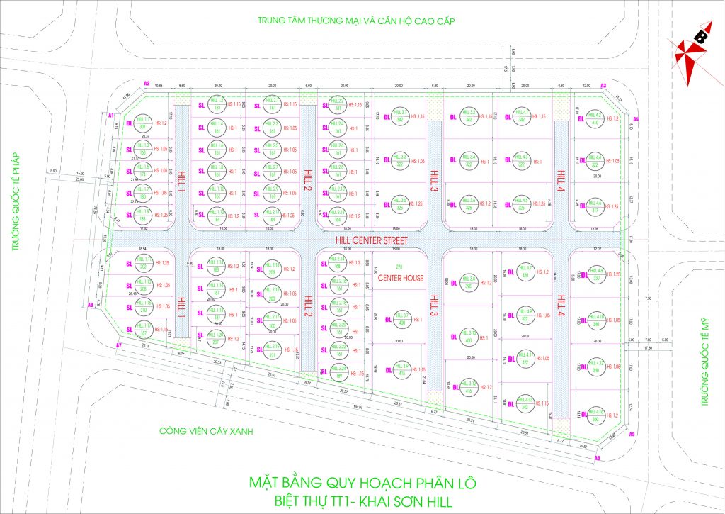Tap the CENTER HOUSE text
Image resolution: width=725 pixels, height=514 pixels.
click(x=400, y=279)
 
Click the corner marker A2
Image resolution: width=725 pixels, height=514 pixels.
click(x=147, y=84)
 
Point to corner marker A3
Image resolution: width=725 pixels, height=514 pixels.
click(x=603, y=86)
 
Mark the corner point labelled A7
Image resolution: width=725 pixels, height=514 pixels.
click(x=119, y=345)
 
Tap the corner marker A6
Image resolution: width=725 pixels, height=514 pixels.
click(x=597, y=459)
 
